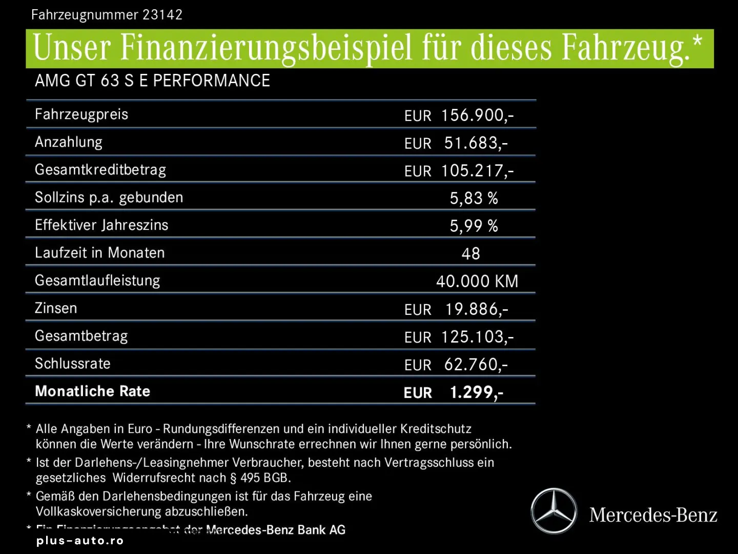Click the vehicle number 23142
pos(162,14)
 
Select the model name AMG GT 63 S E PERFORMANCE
pos(152,81)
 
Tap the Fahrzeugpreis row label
pos(81,114)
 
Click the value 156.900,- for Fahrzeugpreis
pos(477,115)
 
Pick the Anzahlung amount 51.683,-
pos(476,143)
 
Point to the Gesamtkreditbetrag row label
pos(100,170)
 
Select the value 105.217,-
pos(477,171)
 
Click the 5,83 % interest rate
pos(474,199)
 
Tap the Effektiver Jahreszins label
pos(101,225)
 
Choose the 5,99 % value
pos(474,226)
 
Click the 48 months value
pos(470,253)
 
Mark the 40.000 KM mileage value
pos(477,281)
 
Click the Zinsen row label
pos(56,308)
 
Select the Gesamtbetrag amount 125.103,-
pos(477,337)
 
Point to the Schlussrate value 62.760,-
pos(476,365)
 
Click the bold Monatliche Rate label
pos(93,391)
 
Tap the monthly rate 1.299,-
pos(476,392)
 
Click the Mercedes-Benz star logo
pos(553,511)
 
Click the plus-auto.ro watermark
pos(80,541)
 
